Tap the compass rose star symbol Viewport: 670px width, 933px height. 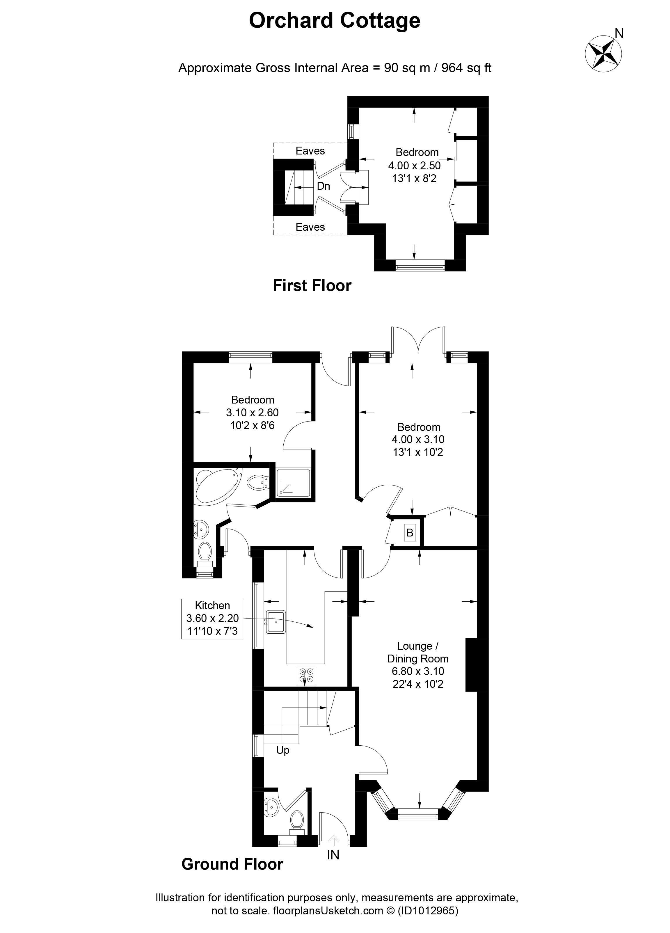(603, 54)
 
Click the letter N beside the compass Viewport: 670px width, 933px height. (619, 33)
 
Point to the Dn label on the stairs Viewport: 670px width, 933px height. (323, 186)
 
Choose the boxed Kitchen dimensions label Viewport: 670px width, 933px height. (212, 619)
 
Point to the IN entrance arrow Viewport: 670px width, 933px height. (333, 840)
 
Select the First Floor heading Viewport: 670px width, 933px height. (312, 286)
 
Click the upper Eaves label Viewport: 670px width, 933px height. (310, 151)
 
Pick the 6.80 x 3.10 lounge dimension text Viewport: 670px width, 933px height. (418, 671)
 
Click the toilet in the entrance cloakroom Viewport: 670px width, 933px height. (296, 821)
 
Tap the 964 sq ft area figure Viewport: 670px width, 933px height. (466, 68)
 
